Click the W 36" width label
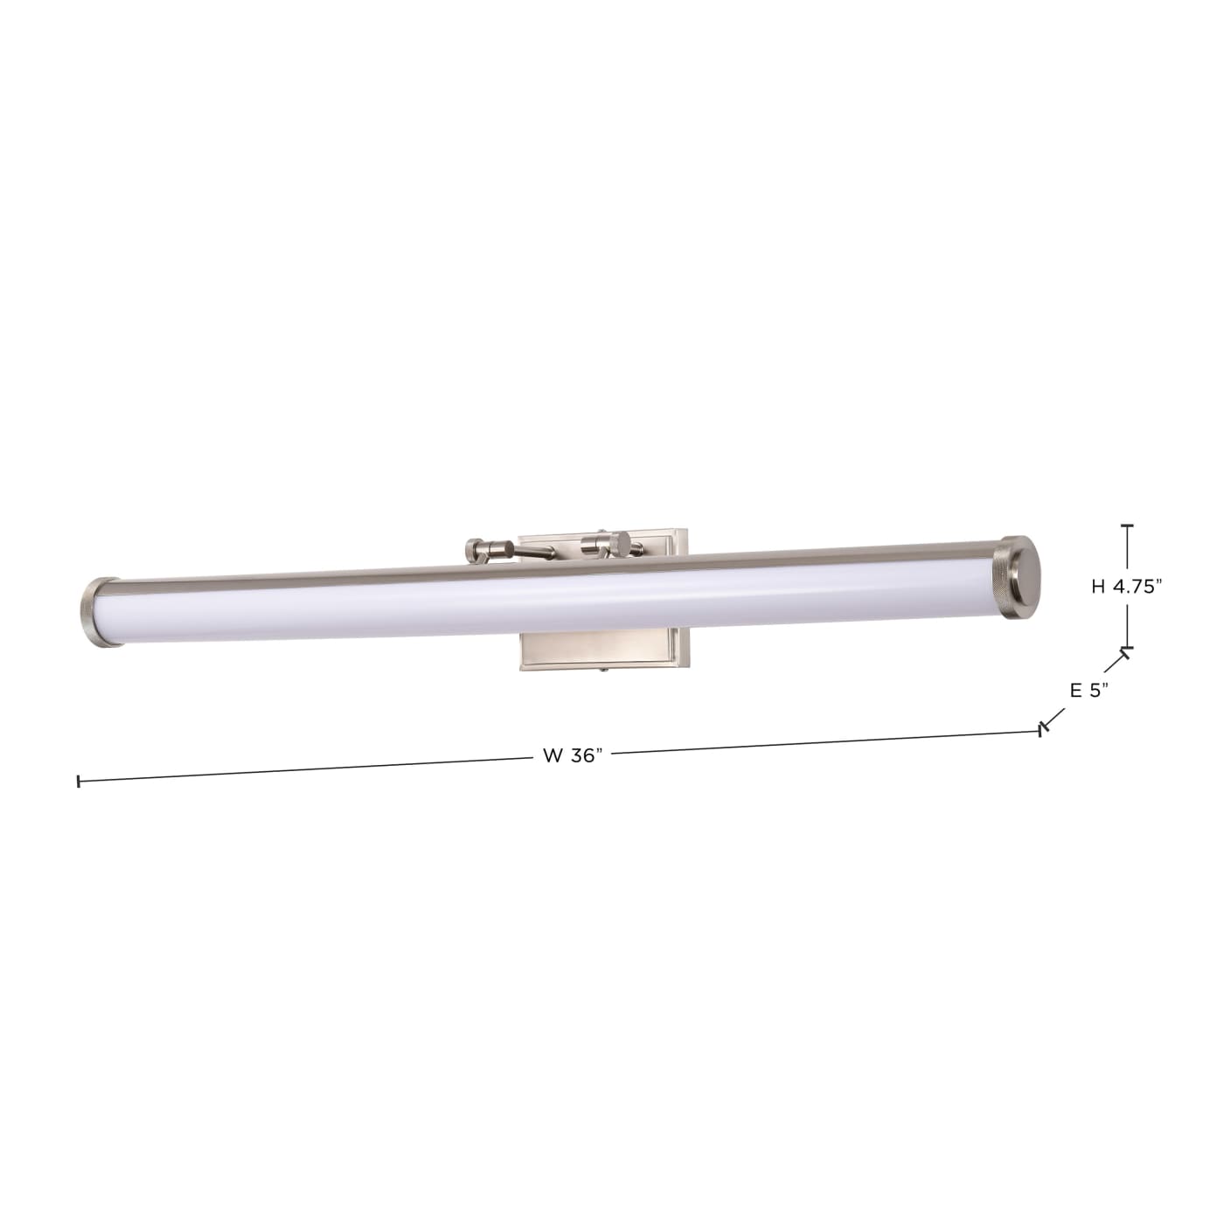573,756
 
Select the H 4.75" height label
1126,588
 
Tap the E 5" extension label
1088,690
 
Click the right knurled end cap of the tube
1020,578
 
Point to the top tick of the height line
1127,526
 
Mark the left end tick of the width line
79,781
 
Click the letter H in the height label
1098,588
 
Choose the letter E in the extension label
1076,690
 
